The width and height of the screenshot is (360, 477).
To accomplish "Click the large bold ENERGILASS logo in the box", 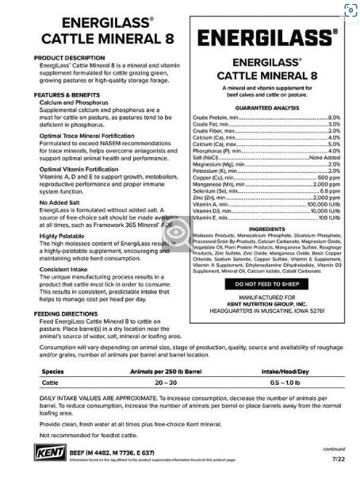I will pos(267,38).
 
